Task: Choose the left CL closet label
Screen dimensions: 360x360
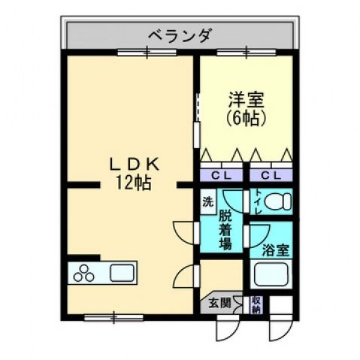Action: coord(221,176)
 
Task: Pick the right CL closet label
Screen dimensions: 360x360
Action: coord(271,176)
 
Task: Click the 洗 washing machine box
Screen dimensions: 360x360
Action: coord(208,201)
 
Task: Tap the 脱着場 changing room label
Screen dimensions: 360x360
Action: coord(224,229)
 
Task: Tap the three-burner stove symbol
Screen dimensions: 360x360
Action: coord(84,274)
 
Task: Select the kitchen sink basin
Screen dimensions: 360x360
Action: coord(120,272)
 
